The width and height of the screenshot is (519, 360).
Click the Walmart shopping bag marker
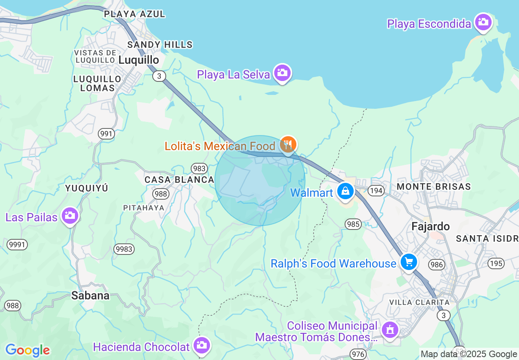[x=345, y=191]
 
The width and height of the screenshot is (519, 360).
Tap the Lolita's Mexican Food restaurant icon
[x=289, y=144]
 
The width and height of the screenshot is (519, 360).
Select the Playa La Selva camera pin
[x=282, y=73]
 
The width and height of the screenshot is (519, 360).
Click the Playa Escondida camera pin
[x=483, y=22]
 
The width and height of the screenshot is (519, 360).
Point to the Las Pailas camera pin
[x=70, y=215]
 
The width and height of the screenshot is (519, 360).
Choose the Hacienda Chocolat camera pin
[x=201, y=345]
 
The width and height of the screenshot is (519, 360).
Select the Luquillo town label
[x=139, y=60]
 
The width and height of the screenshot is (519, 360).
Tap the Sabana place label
[x=90, y=295]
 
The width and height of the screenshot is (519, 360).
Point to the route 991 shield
[x=106, y=134]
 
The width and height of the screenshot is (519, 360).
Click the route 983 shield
[x=199, y=168]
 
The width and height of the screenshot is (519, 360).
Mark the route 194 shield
[x=375, y=191]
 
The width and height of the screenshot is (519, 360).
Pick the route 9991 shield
[x=17, y=245]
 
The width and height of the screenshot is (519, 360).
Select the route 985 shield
[x=353, y=224]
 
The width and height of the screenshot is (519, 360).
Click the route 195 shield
[x=496, y=263]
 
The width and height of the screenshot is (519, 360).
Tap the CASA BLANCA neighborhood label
[x=179, y=180]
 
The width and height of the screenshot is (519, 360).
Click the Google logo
[x=28, y=350]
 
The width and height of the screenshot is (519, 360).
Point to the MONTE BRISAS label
[x=434, y=187]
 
